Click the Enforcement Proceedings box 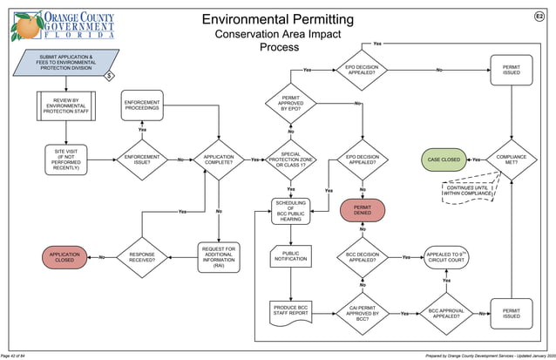point(142,105)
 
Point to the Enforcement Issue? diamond point(142,160)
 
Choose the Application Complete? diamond point(219,160)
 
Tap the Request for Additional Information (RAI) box point(219,257)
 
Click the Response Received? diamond point(142,257)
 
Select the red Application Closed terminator point(66,257)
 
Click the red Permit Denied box point(363,210)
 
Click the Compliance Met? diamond point(512,160)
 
